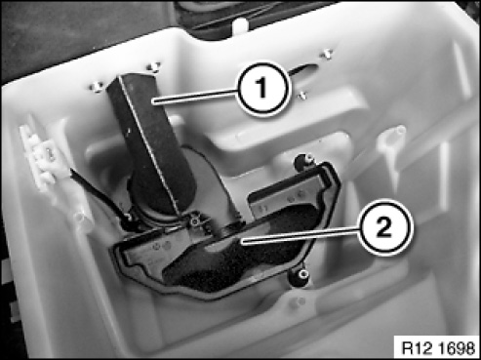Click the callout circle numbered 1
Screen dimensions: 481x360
(x=262, y=87)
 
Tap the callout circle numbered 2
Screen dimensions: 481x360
(x=385, y=227)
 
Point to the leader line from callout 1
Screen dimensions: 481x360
(x=194, y=97)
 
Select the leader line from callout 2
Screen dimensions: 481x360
(x=300, y=234)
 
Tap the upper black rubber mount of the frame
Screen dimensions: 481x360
(x=304, y=162)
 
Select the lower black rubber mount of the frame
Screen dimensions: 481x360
(x=299, y=277)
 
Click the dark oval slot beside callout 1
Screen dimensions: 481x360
(x=303, y=70)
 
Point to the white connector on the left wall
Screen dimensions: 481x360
(x=38, y=155)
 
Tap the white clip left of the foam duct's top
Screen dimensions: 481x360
(x=96, y=87)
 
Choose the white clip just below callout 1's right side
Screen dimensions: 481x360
(x=302, y=95)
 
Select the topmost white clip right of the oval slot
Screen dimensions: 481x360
(x=327, y=55)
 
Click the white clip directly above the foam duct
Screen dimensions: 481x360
(x=153, y=66)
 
